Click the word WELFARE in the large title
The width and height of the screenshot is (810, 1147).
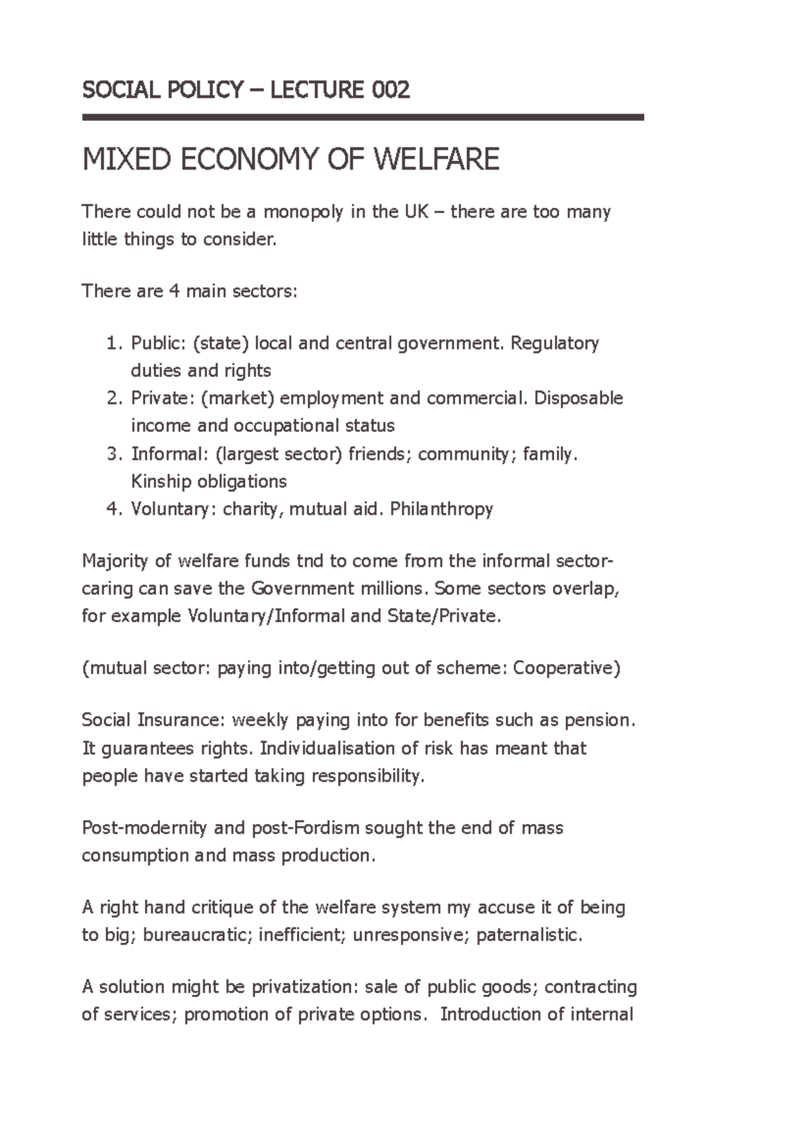[x=436, y=159]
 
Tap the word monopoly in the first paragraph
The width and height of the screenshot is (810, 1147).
[x=304, y=212]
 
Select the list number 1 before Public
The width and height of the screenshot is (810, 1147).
[x=112, y=344]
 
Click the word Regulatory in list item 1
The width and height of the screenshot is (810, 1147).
[x=555, y=344]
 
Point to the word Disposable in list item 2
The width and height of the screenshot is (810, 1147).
[x=578, y=399]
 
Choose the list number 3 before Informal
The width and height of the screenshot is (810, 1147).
[x=112, y=454]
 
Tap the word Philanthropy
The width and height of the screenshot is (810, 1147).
[x=441, y=509]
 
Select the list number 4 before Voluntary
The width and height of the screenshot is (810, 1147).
[x=112, y=509]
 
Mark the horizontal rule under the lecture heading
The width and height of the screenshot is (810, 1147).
[x=363, y=118]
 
